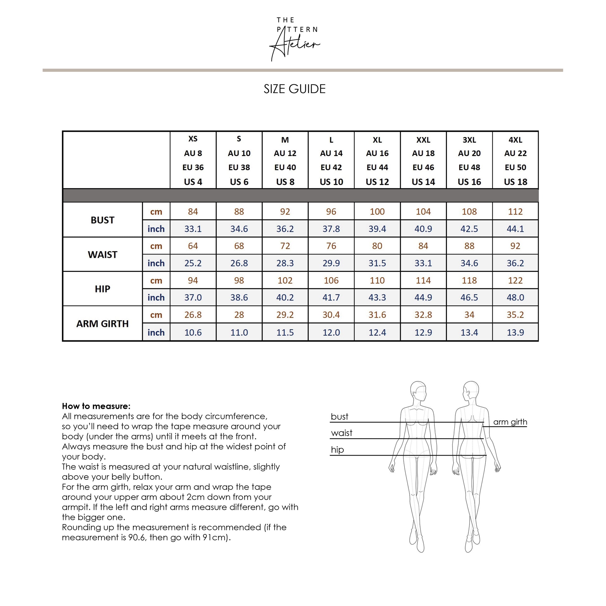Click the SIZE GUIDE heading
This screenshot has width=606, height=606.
(295, 89)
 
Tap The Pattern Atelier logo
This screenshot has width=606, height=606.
(295, 39)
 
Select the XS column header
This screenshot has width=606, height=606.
(193, 160)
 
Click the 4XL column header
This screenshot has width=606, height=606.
(515, 160)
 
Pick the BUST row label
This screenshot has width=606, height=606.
(102, 220)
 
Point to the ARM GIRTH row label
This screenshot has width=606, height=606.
(102, 323)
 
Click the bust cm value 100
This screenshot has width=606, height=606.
(377, 211)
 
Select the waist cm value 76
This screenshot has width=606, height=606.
(331, 246)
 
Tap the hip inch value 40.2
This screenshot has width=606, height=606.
(285, 297)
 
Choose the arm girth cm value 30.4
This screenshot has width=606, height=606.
(331, 315)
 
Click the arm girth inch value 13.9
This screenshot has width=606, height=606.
(515, 332)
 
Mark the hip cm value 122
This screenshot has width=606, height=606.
(515, 280)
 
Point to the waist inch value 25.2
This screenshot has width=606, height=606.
(193, 263)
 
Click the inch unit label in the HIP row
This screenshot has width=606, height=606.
(156, 297)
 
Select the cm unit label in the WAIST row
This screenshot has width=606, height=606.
(156, 246)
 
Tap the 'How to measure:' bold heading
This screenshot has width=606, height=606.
(96, 406)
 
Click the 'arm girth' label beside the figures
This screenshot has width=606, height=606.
(510, 422)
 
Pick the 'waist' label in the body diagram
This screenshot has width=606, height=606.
(342, 433)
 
